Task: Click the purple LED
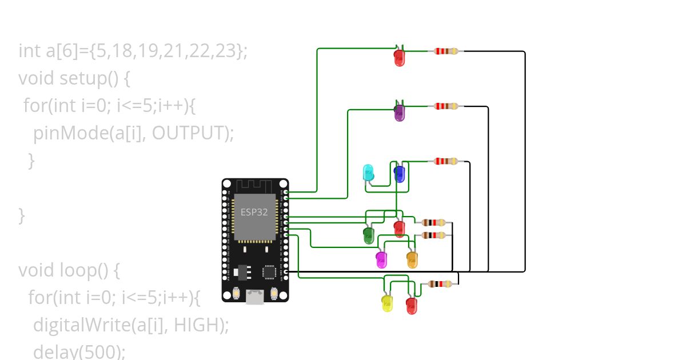(399, 113)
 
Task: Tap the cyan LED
(369, 173)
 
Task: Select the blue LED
(399, 174)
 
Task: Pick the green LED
(369, 235)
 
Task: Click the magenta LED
(381, 260)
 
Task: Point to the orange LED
(412, 260)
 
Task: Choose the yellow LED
(387, 303)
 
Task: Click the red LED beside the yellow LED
(412, 305)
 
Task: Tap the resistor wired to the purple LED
(446, 106)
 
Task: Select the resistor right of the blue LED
(446, 161)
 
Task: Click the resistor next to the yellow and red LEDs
(440, 284)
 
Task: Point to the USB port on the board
(255, 297)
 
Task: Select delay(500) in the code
(79, 351)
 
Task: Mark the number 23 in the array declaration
(227, 51)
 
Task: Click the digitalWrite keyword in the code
(81, 325)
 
